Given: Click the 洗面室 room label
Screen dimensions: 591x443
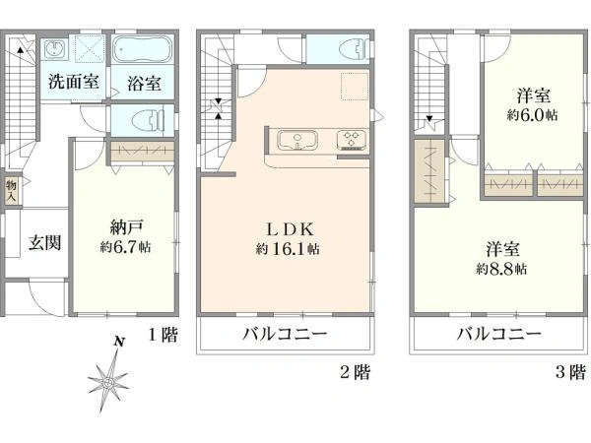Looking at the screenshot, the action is tap(74, 82).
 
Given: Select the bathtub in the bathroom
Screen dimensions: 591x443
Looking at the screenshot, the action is tap(143, 50).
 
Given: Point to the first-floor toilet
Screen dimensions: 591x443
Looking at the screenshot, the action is tap(148, 120).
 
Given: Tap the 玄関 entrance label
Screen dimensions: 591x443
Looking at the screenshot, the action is tap(45, 242).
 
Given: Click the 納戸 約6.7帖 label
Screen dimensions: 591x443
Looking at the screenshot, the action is tap(126, 237).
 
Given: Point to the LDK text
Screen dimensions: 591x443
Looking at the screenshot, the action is tap(290, 229).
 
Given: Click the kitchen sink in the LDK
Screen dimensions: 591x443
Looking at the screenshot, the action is tap(297, 141).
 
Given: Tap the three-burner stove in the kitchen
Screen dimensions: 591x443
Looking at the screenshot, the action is tap(352, 140).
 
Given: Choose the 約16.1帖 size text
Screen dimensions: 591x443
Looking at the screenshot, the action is tap(288, 249).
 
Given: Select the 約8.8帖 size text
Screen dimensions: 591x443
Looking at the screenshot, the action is tap(501, 269).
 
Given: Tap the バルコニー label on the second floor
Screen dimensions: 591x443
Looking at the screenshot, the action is tap(285, 334).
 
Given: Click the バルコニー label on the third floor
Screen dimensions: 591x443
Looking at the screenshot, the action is tap(499, 334).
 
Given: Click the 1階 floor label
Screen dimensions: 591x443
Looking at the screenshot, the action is tap(163, 335).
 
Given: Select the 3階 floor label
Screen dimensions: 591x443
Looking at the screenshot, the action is tap(571, 372).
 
